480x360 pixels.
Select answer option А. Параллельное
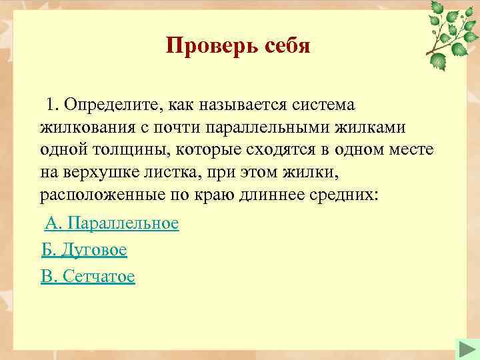pos(112,223)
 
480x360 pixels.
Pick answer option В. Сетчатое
pos(88,276)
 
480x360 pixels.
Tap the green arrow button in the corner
pos(465,349)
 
